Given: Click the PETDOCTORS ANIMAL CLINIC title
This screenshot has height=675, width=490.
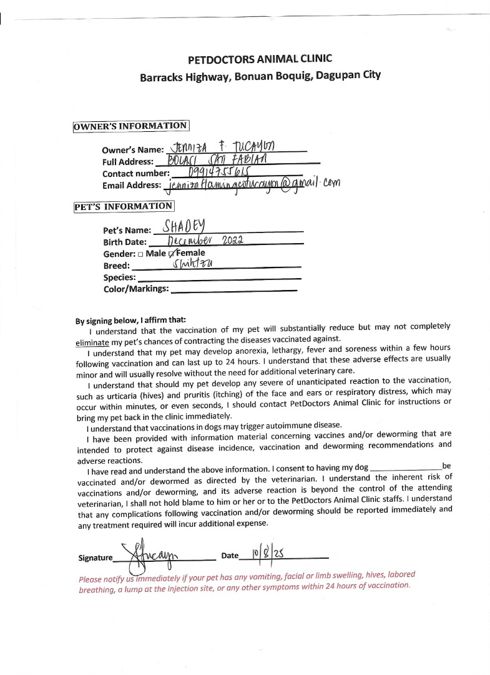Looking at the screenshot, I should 260,59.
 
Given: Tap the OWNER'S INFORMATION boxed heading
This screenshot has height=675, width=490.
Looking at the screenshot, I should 130,126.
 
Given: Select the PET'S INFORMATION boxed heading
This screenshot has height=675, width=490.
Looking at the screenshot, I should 124,206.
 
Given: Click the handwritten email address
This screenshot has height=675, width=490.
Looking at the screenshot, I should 250,184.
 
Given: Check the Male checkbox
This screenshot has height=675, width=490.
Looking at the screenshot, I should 140,254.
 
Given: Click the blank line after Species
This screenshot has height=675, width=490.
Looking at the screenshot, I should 218,278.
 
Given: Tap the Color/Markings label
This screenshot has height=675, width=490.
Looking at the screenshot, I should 136,289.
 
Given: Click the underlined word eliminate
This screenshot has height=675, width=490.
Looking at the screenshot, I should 92,342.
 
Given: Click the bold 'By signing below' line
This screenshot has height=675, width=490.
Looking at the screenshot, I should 130,320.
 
